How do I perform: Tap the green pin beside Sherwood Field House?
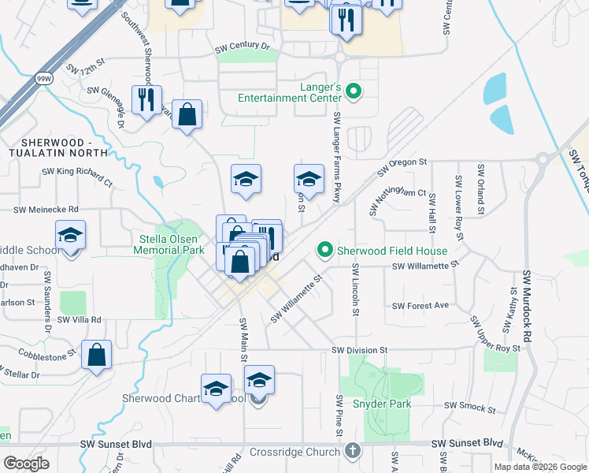[324, 251]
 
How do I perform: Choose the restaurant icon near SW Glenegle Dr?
[146, 99]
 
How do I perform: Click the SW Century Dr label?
[243, 47]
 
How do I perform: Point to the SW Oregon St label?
[402, 166]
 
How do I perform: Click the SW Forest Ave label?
[420, 306]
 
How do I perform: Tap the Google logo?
[26, 464]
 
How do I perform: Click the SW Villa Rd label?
[81, 319]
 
